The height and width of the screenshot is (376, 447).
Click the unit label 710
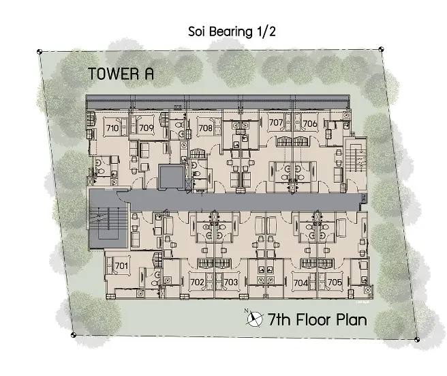(x=112, y=128)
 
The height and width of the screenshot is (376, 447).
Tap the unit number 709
(x=147, y=128)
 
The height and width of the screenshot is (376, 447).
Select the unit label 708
(x=206, y=128)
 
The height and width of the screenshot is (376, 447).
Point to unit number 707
(x=276, y=122)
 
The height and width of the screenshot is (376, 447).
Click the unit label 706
(x=310, y=124)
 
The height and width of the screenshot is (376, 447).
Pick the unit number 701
(x=121, y=266)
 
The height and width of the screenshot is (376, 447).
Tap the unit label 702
(x=198, y=282)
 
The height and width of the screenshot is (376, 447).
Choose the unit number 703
(x=231, y=282)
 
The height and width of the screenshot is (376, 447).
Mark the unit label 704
(x=300, y=283)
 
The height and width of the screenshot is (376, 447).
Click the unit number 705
(x=335, y=282)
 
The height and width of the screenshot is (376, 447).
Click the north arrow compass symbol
(x=254, y=318)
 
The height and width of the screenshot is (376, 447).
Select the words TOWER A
(x=121, y=74)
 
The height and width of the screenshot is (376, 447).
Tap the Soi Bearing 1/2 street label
(x=232, y=31)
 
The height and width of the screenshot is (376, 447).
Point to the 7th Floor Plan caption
(x=318, y=320)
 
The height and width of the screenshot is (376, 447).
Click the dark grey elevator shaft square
(x=171, y=177)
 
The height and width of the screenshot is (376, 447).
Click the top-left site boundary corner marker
(x=40, y=52)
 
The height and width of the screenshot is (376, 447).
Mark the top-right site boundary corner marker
(x=382, y=49)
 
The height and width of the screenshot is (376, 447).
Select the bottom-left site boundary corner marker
(x=74, y=335)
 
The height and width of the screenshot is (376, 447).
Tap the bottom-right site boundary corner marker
(x=417, y=339)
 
